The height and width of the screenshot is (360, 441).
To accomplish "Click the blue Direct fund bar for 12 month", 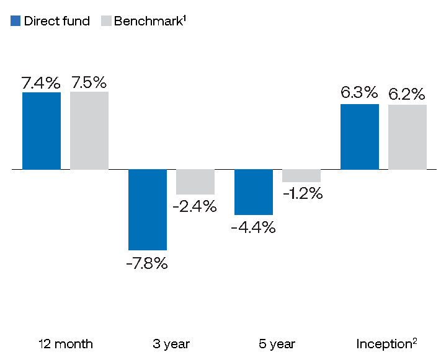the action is pos(42,131).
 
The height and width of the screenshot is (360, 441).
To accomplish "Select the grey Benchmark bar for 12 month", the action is pos(89,131).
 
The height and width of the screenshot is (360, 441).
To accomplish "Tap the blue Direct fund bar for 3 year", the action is pos(148,209).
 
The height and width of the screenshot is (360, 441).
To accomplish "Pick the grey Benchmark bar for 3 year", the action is pos(195,182).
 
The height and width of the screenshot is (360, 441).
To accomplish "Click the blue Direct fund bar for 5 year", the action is pos(254,192).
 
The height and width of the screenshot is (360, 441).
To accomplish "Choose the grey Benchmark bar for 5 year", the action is pos(301,175).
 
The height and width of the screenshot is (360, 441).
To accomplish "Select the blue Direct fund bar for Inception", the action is pos(360,137).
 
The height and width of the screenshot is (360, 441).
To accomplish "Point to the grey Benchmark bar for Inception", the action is pos(408,137).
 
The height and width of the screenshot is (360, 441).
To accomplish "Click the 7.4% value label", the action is pos(41,82).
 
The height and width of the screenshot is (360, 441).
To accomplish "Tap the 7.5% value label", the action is pos(89,82).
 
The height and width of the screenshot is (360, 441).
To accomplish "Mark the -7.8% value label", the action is pos(147,263).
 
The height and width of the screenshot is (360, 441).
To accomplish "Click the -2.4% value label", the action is pos(195,206).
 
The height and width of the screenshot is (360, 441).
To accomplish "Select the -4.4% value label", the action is pos(254,227).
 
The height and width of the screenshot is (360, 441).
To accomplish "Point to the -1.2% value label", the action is pos(303,193).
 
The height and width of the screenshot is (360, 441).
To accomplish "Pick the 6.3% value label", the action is pos(359,92).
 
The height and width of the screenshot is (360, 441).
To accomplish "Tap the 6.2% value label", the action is pos(407,94).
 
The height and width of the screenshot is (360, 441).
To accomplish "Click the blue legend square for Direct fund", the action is pos(16,21).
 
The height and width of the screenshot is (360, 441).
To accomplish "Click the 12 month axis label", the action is pos(66,344).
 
